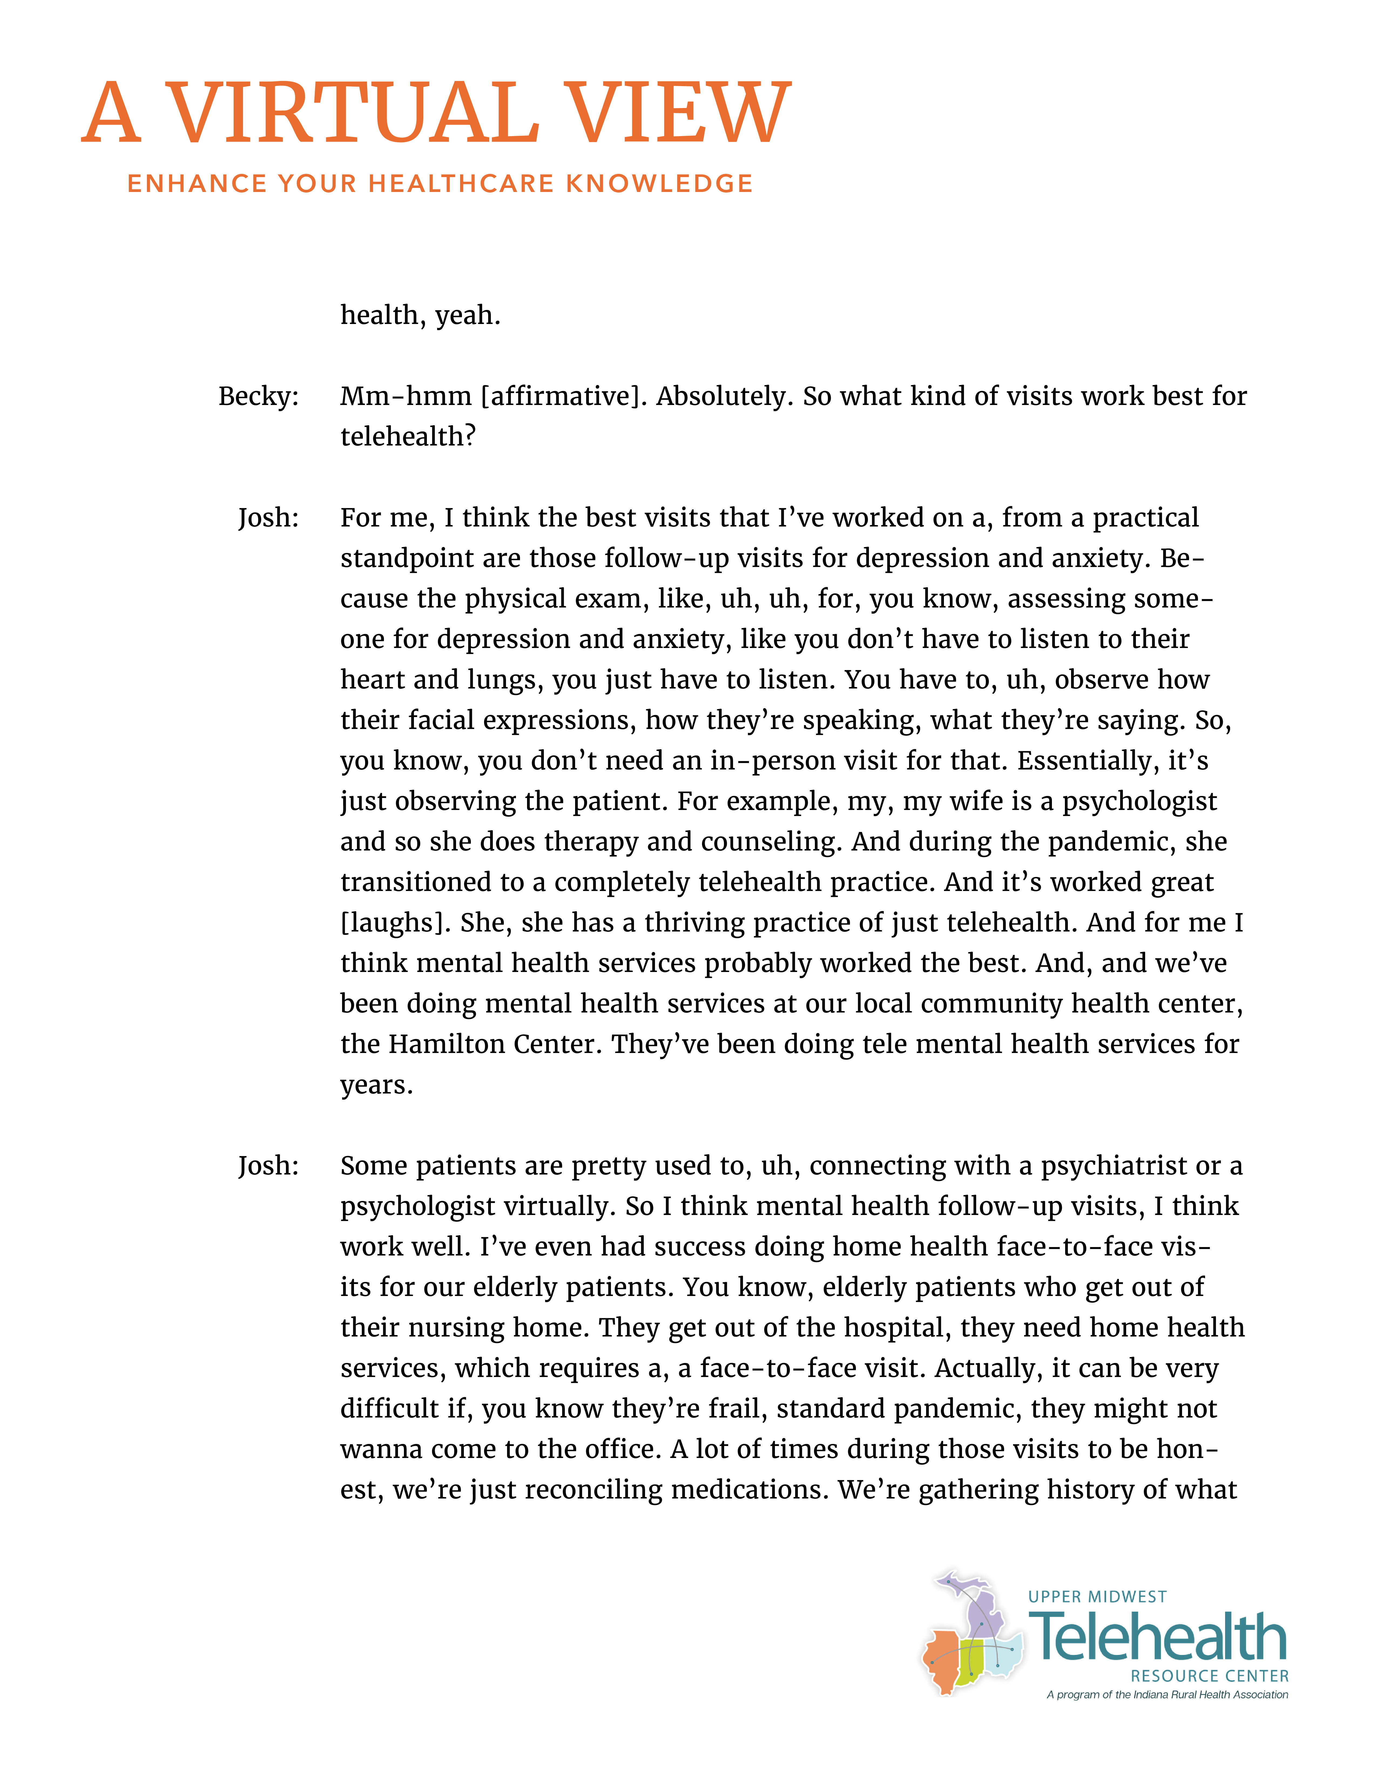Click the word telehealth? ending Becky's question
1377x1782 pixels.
(407, 437)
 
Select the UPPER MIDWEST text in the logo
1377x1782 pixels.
(1097, 1597)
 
